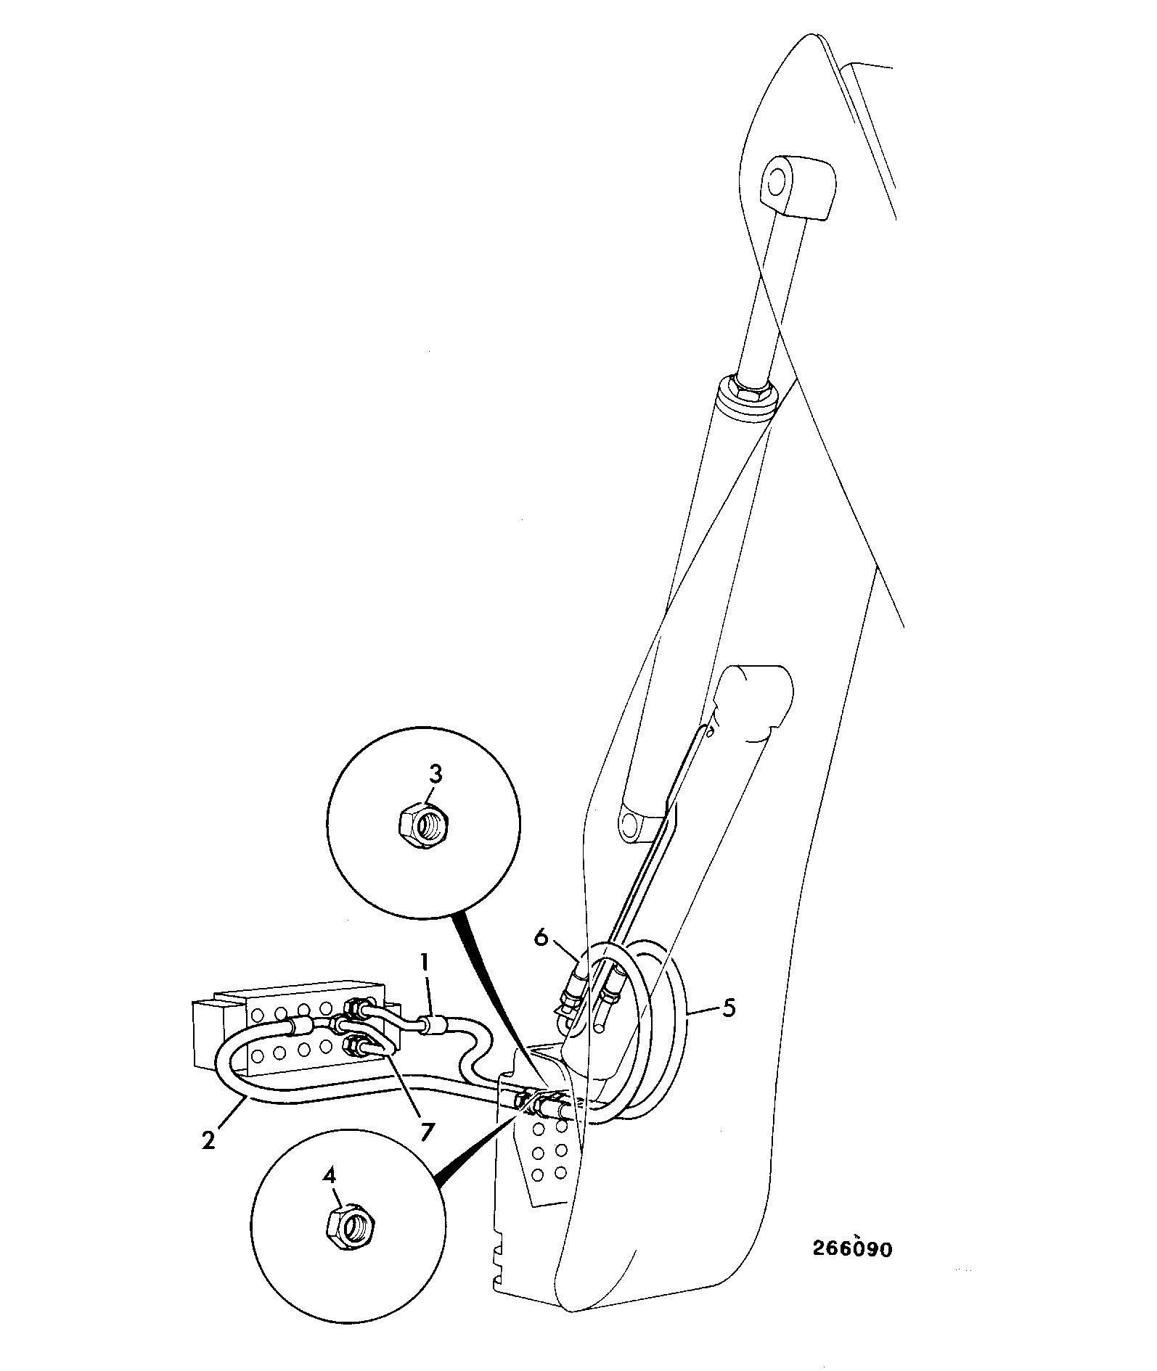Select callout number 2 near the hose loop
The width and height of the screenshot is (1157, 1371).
coord(209,1140)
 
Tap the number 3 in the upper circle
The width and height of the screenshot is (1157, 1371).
coord(435,775)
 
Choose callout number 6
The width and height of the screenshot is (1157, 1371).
coord(541,937)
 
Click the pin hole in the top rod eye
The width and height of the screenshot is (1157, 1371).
coord(778,178)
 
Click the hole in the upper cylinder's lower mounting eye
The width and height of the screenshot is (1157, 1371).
coord(636,823)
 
